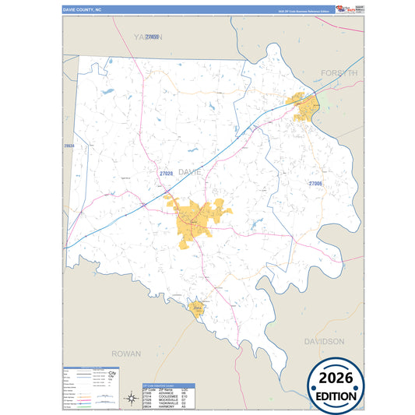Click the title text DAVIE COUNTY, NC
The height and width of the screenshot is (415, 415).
pyautogui.click(x=83, y=9)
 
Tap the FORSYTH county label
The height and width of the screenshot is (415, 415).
pyautogui.click(x=339, y=72)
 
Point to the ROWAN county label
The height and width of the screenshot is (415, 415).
pyautogui.click(x=126, y=353)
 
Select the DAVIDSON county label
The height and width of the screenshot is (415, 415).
pyautogui.click(x=324, y=342)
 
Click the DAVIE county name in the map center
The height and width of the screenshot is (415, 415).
pyautogui.click(x=190, y=171)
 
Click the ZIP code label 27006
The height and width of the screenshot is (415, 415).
pyautogui.click(x=315, y=184)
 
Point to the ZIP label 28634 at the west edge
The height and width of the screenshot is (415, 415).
pyautogui.click(x=69, y=146)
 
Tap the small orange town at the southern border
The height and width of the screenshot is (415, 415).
pyautogui.click(x=198, y=309)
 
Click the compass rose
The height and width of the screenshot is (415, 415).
pyautogui.click(x=130, y=399)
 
